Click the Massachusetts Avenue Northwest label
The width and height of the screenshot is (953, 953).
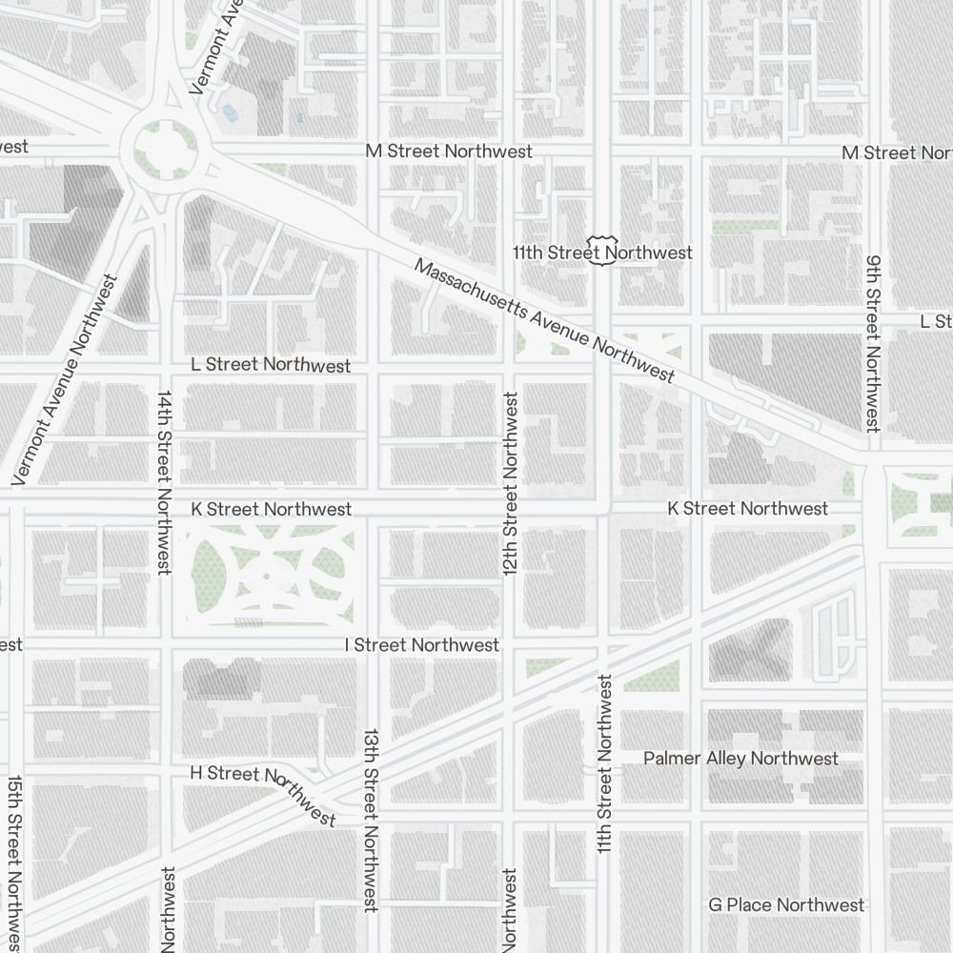544,320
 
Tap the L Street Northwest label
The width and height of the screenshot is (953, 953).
271,365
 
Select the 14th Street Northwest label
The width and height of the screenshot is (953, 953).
165,482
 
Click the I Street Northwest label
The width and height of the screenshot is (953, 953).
422,645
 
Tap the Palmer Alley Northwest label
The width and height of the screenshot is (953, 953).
740,759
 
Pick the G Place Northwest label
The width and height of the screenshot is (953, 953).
786,904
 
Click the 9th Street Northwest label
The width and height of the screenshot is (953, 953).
872,343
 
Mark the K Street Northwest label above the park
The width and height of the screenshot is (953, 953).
271,509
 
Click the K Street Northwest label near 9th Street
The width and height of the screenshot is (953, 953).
747,509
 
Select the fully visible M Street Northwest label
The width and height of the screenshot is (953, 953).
449,152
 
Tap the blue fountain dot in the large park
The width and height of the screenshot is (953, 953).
266,576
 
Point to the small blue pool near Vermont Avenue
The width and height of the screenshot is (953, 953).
230,112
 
